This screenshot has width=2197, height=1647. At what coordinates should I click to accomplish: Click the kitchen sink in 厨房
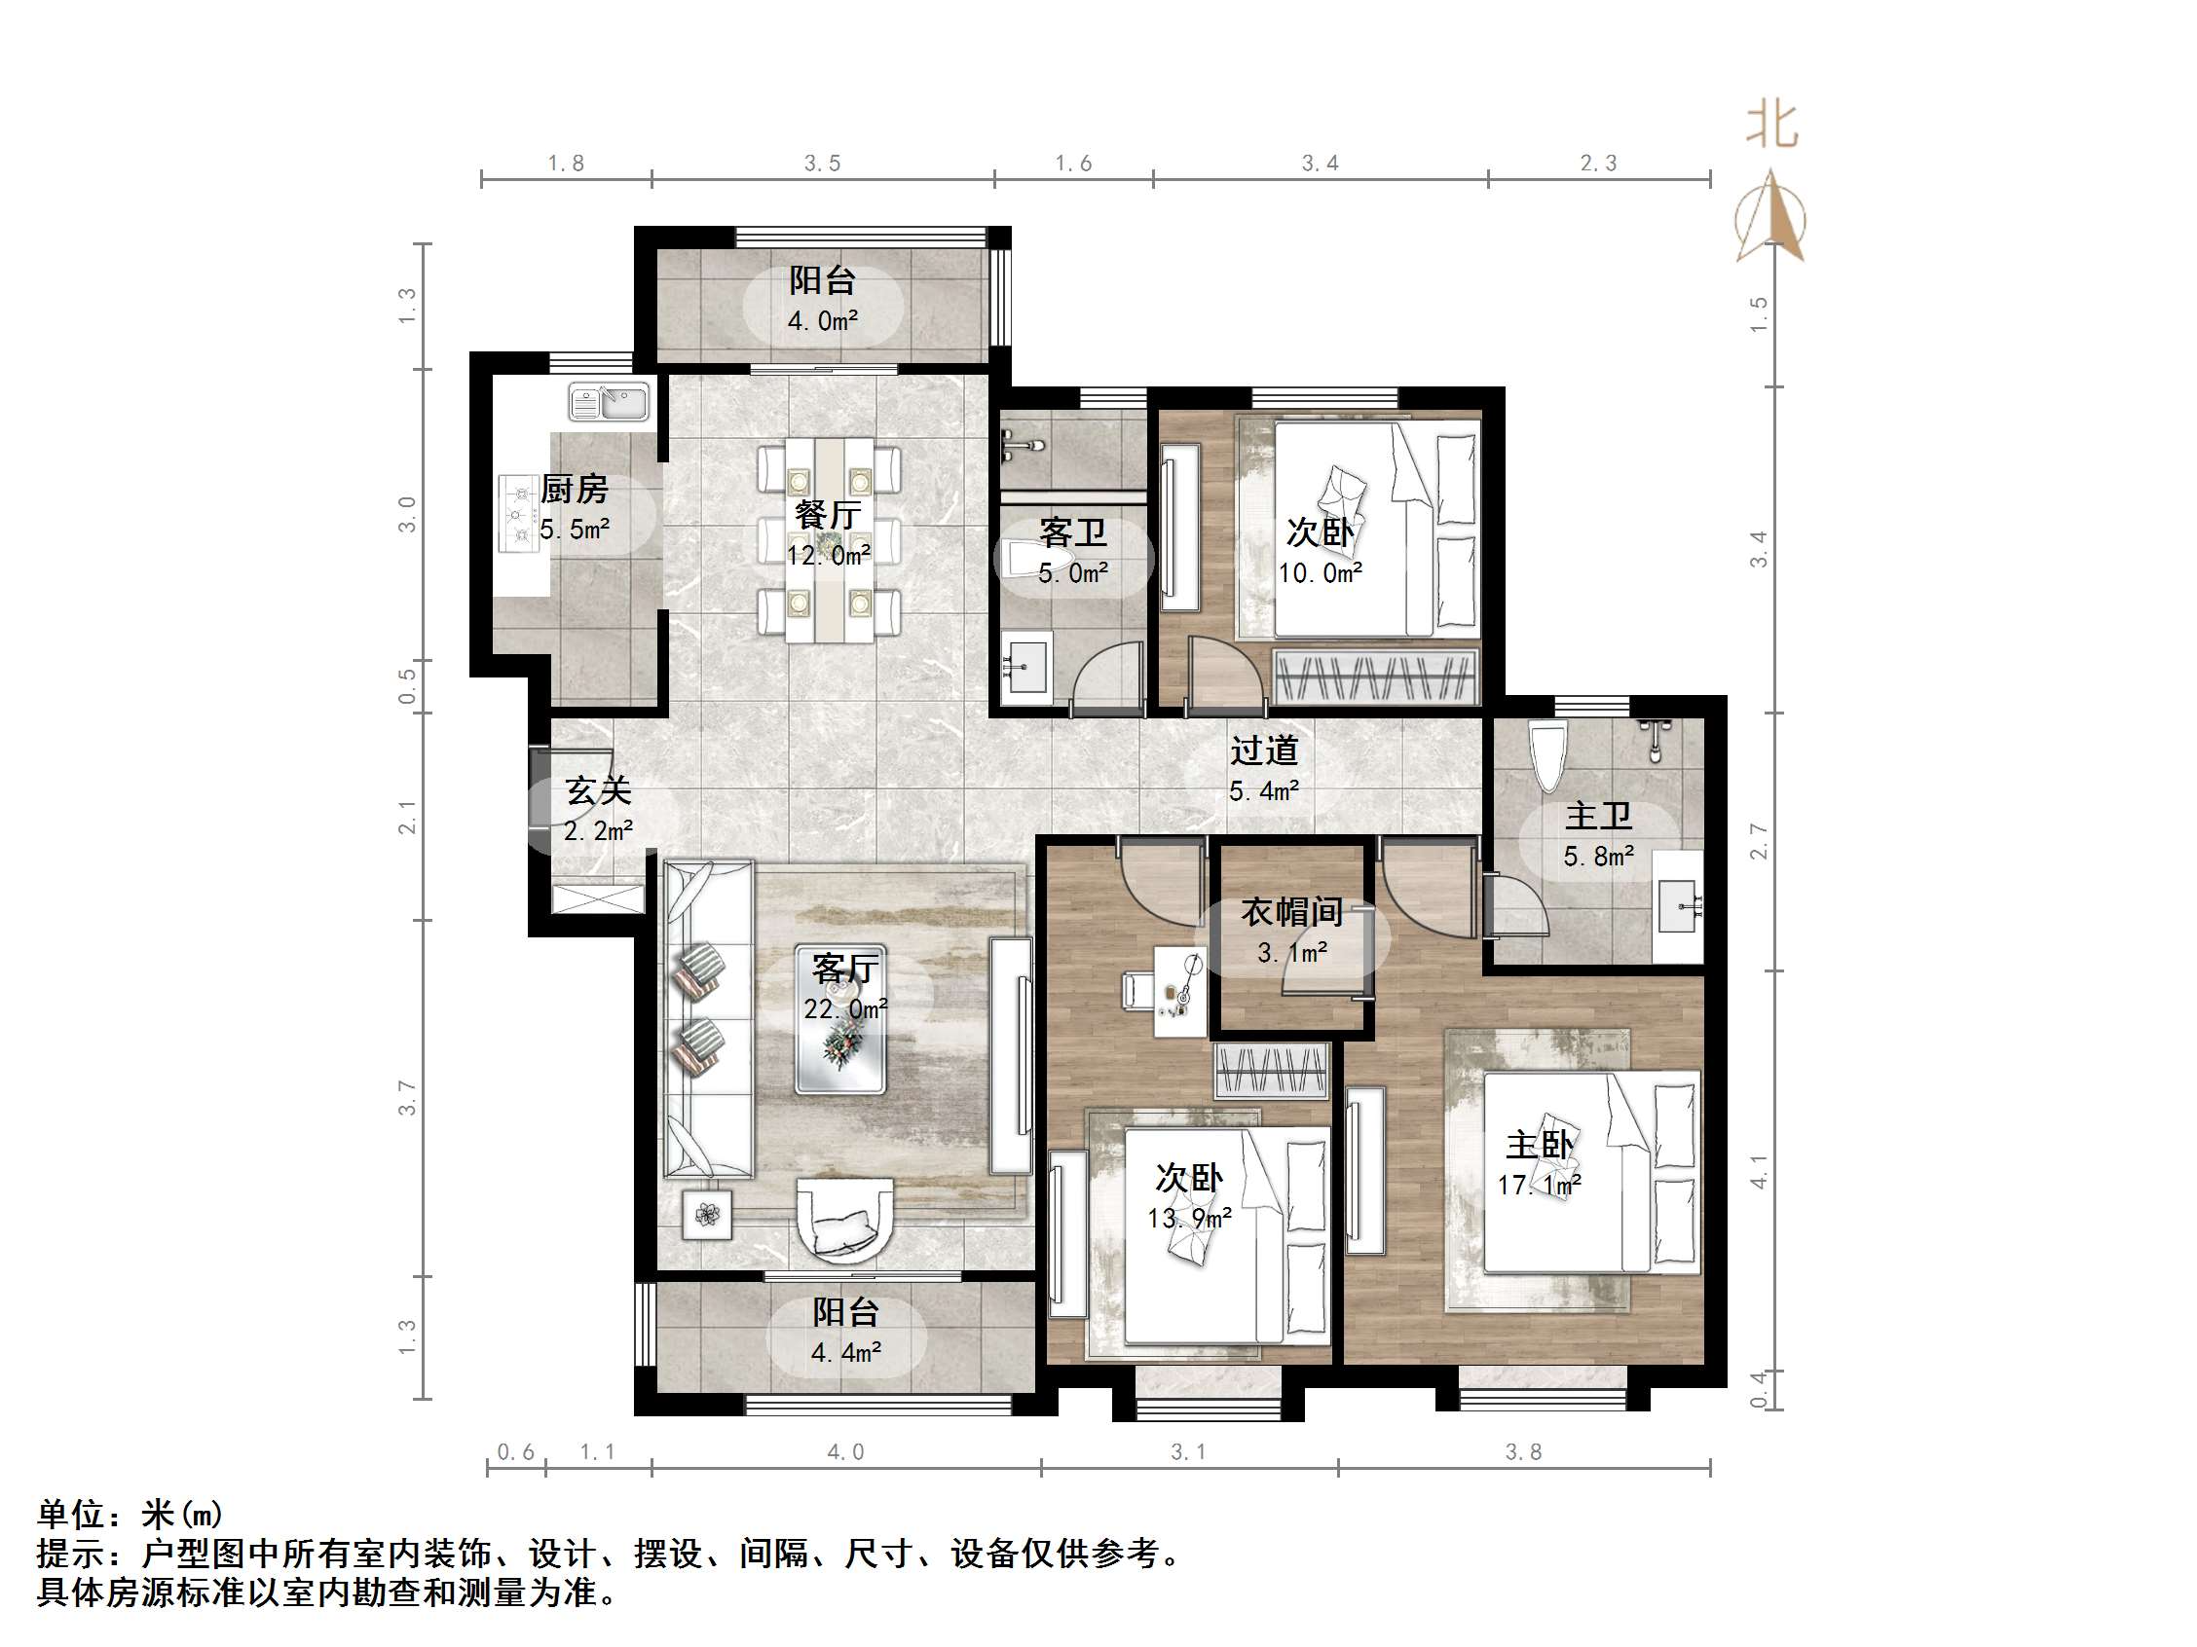[x=608, y=403]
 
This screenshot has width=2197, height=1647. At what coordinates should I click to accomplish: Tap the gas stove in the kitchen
[x=516, y=513]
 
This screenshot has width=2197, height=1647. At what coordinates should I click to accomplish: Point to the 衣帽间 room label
[x=1291, y=911]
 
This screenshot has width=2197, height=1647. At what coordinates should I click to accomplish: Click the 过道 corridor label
[x=1263, y=750]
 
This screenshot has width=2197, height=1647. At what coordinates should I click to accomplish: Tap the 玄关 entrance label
[x=598, y=791]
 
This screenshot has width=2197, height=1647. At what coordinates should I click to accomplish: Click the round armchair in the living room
[x=845, y=1219]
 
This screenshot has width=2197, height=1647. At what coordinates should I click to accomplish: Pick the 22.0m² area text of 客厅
[x=845, y=1008]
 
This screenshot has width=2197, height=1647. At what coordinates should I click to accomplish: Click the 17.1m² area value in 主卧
[x=1539, y=1185]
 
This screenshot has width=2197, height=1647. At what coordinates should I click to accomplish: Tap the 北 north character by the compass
[x=1771, y=127]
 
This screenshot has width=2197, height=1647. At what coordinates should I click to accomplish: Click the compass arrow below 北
[x=1770, y=218]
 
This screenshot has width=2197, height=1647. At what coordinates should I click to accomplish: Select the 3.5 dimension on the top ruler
[x=822, y=163]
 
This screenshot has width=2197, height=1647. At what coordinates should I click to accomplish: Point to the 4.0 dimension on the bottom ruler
[x=845, y=1452]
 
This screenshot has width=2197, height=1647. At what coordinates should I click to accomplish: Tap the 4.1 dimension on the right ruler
[x=1758, y=1170]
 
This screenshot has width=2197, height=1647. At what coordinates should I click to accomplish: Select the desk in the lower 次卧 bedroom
[x=1179, y=991]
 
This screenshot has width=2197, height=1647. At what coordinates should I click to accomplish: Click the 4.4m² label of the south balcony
[x=845, y=1352]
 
